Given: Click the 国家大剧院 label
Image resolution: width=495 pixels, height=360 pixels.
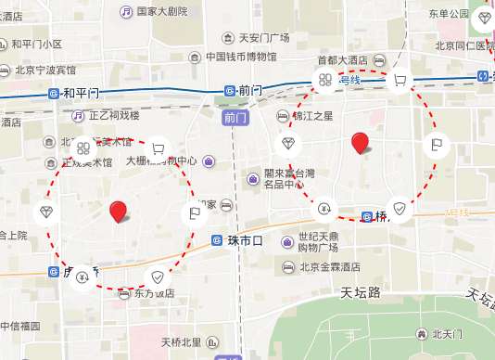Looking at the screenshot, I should point(161,11).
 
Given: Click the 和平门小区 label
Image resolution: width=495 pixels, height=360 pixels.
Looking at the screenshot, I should point(37,44).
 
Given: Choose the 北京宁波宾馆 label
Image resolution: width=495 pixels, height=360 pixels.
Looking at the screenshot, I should point(44,70).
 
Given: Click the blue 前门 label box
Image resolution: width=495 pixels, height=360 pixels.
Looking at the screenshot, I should point(232,118).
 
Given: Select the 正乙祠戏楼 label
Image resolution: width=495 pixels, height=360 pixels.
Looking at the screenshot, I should point(114,116).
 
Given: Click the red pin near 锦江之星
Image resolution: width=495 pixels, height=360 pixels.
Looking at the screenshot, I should point(360,143).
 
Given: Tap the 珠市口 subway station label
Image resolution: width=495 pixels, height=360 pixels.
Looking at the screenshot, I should point(245,240).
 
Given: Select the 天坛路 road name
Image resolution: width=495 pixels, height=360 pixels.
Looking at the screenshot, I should point(361,292).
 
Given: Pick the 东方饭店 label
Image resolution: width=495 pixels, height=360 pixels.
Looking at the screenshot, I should point(153,293).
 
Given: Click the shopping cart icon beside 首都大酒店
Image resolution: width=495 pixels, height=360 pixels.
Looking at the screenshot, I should point(400,81).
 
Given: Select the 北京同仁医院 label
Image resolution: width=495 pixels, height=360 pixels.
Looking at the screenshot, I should point(463,45).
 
